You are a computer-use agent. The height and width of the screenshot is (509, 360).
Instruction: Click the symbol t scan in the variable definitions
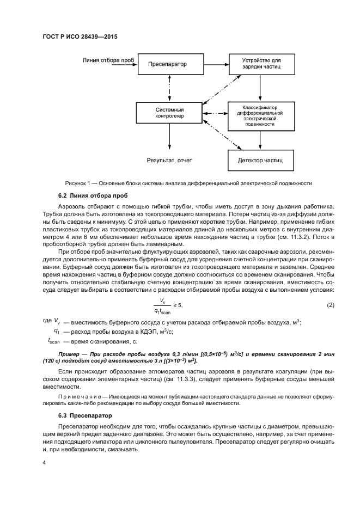point(53,341)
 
